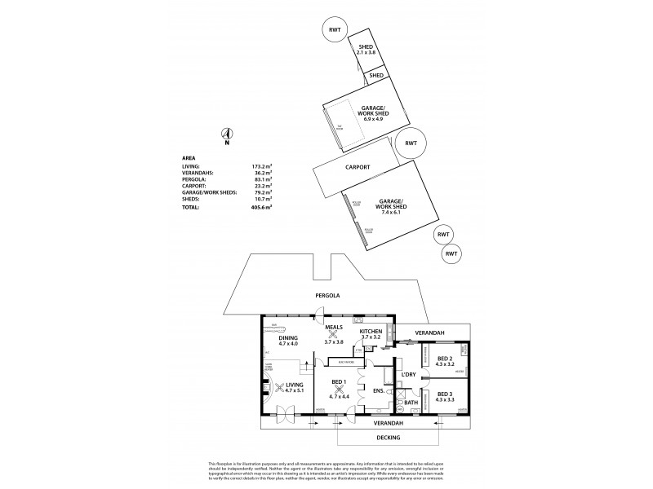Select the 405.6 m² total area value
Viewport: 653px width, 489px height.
tap(261, 208)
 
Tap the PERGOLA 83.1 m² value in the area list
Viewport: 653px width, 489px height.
tap(262, 178)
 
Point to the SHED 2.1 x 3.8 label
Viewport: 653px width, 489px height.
tap(366, 51)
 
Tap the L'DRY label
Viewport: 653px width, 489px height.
tap(409, 374)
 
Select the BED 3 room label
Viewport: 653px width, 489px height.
tap(446, 397)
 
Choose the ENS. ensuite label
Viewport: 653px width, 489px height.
tap(378, 390)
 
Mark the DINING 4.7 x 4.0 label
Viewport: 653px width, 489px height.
tap(287, 341)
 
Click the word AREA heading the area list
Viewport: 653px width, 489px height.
tap(189, 158)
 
